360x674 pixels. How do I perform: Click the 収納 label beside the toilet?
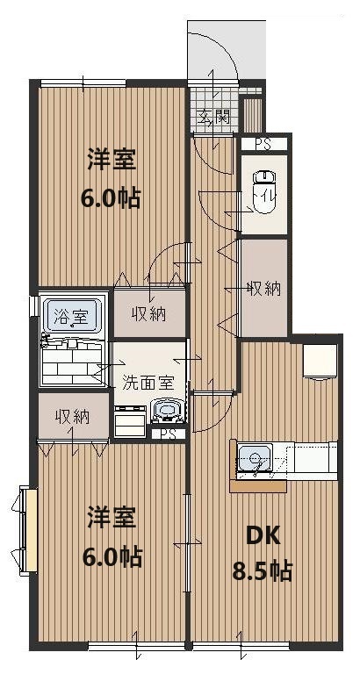click(x=263, y=288)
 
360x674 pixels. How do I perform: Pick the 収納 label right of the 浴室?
click(x=149, y=314)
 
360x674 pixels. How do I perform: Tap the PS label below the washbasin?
click(x=168, y=434)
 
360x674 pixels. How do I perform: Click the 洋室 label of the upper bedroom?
click(x=112, y=161)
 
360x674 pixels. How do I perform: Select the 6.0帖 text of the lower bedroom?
click(x=112, y=556)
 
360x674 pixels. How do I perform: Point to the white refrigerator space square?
click(x=320, y=360)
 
